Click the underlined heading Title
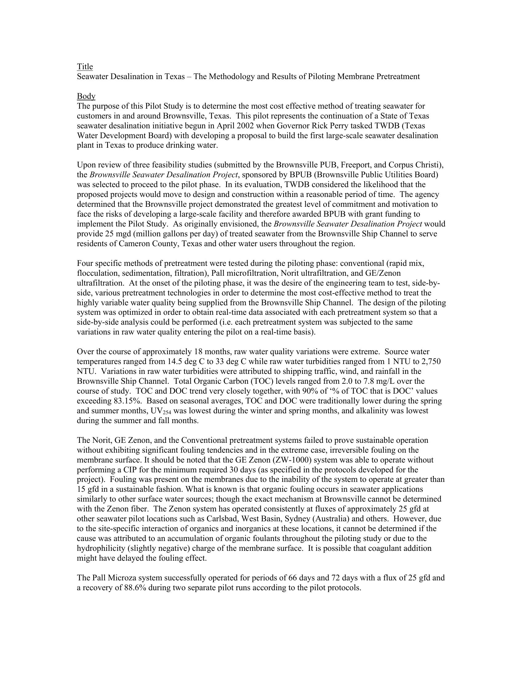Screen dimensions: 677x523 (85, 67)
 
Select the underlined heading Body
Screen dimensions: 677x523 (86, 96)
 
